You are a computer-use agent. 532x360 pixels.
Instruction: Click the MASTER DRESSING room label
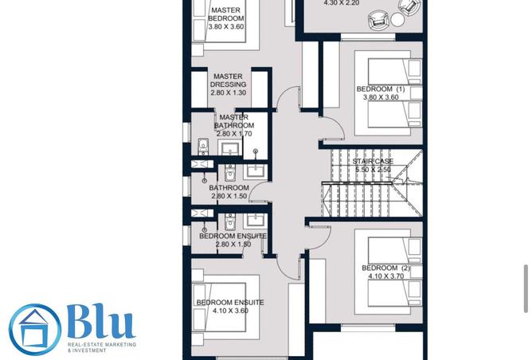(229, 80)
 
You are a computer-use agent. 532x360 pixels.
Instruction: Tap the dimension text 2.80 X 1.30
(229, 93)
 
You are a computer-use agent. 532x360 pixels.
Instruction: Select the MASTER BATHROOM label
(235, 121)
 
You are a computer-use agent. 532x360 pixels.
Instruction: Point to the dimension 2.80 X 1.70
(234, 134)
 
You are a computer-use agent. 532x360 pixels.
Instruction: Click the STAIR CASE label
(373, 162)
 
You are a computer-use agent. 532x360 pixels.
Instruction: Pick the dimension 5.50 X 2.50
(373, 170)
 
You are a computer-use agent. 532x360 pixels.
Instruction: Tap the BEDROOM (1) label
(380, 89)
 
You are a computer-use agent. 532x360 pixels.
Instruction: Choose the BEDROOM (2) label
(385, 268)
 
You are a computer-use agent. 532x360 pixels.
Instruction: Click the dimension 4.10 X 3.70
(385, 276)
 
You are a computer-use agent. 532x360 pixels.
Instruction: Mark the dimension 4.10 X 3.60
(230, 311)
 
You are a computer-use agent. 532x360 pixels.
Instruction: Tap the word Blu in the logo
(100, 323)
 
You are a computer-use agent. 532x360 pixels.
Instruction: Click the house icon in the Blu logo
(34, 330)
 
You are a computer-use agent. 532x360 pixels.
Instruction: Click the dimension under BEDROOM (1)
(380, 98)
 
